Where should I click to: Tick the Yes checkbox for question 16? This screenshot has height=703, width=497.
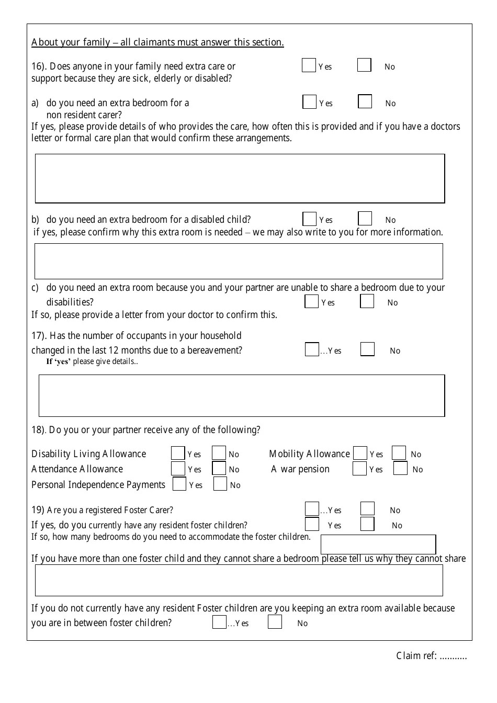tap(309, 65)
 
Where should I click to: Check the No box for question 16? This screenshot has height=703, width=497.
tap(364, 65)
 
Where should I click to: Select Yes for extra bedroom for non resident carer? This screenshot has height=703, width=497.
tap(309, 102)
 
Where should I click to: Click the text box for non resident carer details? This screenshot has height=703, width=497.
tap(240, 178)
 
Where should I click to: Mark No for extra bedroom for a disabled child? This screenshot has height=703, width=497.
tap(365, 219)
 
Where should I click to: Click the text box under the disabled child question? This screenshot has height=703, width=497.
tap(239, 261)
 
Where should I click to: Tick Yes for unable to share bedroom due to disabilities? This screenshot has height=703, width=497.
tap(311, 301)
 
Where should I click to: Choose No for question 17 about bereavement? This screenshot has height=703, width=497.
tap(367, 349)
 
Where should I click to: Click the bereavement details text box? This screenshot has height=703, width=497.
tap(242, 395)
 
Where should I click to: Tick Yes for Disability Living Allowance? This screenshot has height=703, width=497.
tap(178, 453)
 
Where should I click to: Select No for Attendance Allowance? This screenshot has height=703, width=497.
tap(219, 469)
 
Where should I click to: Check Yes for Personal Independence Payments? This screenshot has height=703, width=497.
tap(179, 484)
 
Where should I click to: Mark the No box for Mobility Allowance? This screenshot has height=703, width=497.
tap(399, 453)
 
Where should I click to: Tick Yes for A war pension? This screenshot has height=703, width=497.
tap(359, 469)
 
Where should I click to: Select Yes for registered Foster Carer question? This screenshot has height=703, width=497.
tap(312, 509)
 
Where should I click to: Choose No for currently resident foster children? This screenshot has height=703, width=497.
tap(367, 524)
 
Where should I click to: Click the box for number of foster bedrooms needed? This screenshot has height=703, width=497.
tap(378, 544)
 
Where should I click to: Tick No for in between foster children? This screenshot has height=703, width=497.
tap(275, 622)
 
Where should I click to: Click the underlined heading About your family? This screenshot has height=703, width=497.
tap(157, 42)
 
